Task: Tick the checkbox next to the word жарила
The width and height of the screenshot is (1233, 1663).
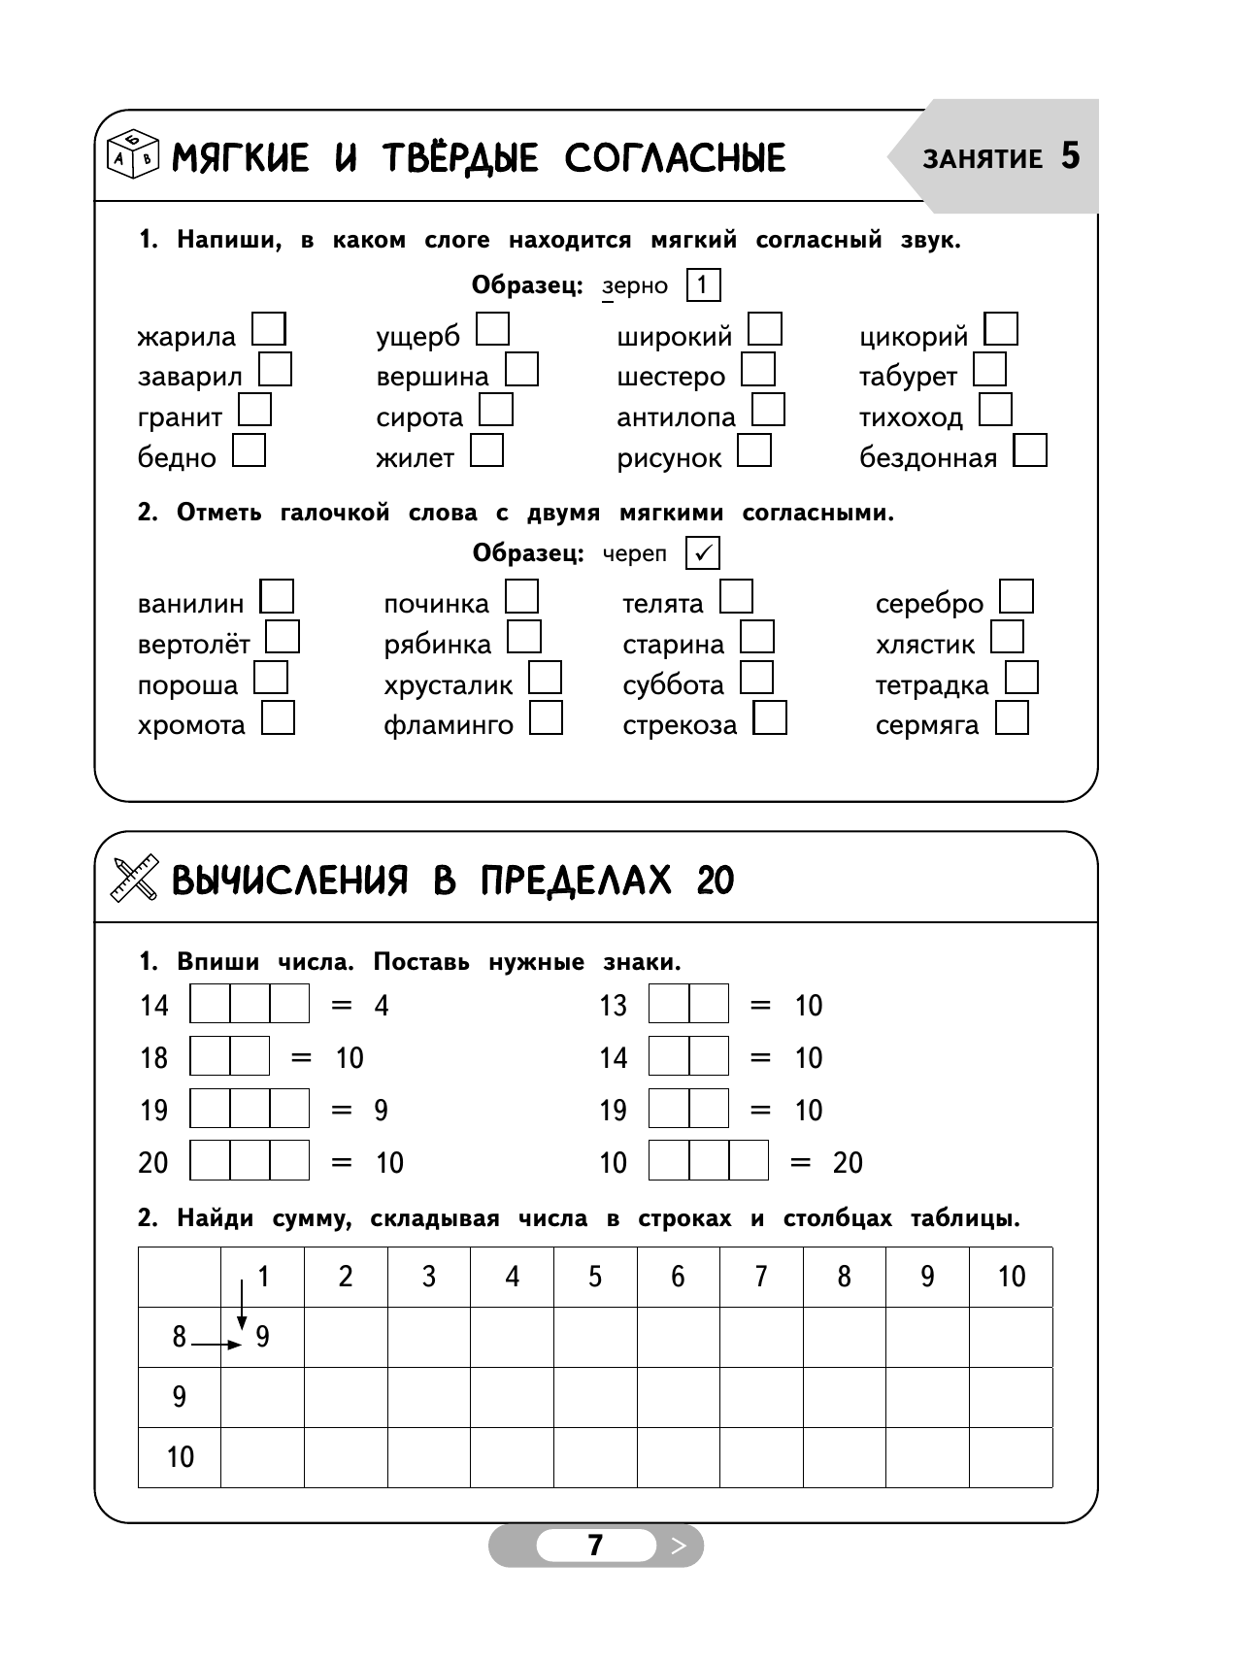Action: tap(269, 329)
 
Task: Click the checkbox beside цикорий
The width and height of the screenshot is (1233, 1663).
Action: tap(1001, 329)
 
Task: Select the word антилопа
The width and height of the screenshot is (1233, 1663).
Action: tap(676, 417)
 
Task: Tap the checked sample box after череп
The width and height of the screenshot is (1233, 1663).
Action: tap(703, 553)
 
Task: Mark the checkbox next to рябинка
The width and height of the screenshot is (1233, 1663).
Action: tap(524, 637)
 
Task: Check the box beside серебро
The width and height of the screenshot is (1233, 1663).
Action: tap(1016, 596)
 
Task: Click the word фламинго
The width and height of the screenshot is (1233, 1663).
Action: tap(448, 725)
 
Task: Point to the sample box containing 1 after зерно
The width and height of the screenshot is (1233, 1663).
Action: tap(703, 285)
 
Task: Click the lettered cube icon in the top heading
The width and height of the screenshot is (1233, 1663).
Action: tap(132, 153)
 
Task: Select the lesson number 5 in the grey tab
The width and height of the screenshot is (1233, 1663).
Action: tap(1070, 156)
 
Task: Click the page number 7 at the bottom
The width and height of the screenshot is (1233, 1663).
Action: tap(595, 1545)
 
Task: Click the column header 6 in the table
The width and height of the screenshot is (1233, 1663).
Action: tap(678, 1277)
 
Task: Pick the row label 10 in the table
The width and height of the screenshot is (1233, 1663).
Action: tap(180, 1456)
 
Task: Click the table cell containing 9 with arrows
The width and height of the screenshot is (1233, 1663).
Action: tap(262, 1337)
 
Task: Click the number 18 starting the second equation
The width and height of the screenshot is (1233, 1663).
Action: tap(153, 1057)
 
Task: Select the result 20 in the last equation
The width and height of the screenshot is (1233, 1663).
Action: tap(848, 1162)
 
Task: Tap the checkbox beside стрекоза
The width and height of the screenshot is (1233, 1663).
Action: tap(771, 718)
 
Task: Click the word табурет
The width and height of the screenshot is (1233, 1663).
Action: tap(908, 377)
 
